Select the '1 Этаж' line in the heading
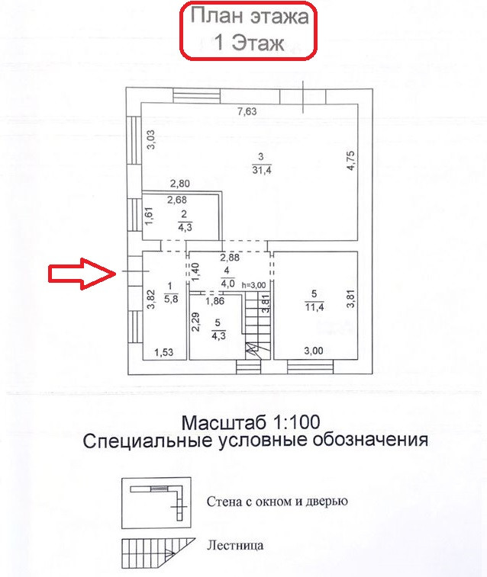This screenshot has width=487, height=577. pyautogui.click(x=249, y=43)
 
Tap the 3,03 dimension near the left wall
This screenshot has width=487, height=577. pyautogui.click(x=151, y=141)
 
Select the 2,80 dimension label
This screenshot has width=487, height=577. pyautogui.click(x=179, y=183)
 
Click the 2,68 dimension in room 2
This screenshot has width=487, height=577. pyautogui.click(x=177, y=201)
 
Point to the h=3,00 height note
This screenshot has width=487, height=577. pyautogui.click(x=253, y=284)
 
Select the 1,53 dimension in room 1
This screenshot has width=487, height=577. pyautogui.click(x=165, y=352)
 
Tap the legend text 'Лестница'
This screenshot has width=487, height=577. pyautogui.click(x=235, y=546)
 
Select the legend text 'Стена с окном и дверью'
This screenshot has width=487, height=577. pyautogui.click(x=277, y=502)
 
